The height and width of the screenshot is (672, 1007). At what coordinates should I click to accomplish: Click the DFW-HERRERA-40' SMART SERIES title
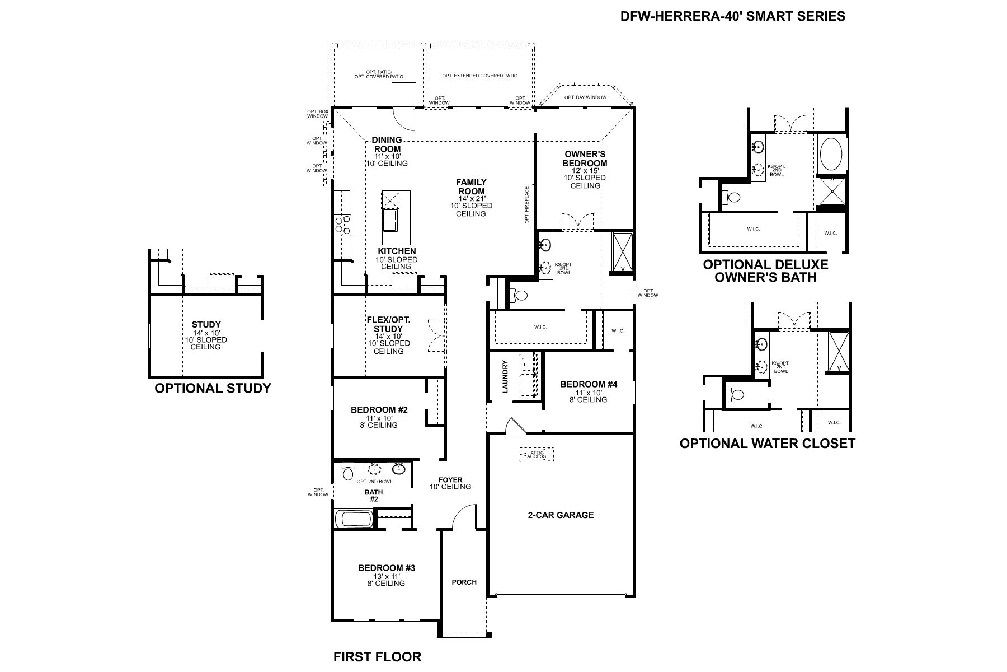click(x=732, y=16)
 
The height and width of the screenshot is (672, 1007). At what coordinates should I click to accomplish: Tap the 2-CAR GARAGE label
click(x=561, y=515)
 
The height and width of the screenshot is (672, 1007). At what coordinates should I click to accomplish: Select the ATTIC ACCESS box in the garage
click(x=537, y=454)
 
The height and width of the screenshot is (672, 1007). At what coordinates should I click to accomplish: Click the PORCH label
click(x=464, y=582)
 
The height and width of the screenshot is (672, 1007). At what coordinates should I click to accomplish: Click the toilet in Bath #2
click(x=348, y=473)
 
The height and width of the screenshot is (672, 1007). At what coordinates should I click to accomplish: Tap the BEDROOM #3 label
click(x=387, y=568)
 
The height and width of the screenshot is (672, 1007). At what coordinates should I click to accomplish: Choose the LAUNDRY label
click(x=505, y=376)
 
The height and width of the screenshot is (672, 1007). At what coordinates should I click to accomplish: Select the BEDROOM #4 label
click(x=588, y=384)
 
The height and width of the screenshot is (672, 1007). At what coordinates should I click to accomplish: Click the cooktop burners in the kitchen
click(x=342, y=225)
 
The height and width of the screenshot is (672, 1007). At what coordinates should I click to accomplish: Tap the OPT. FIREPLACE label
click(x=526, y=206)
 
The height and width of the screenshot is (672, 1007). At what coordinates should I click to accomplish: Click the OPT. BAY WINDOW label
click(x=585, y=97)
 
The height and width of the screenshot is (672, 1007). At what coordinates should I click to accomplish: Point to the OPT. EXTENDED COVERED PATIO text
click(x=479, y=76)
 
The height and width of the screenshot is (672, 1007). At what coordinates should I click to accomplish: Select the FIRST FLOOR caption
click(x=377, y=656)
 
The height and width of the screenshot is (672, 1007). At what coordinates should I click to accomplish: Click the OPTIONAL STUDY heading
click(x=213, y=388)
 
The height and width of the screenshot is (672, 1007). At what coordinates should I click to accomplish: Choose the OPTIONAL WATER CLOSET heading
click(x=767, y=444)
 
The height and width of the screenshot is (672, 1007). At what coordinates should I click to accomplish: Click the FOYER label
click(x=450, y=480)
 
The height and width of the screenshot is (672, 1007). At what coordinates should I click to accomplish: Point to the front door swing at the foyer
click(x=463, y=518)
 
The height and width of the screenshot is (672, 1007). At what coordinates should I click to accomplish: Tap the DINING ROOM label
click(x=387, y=144)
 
